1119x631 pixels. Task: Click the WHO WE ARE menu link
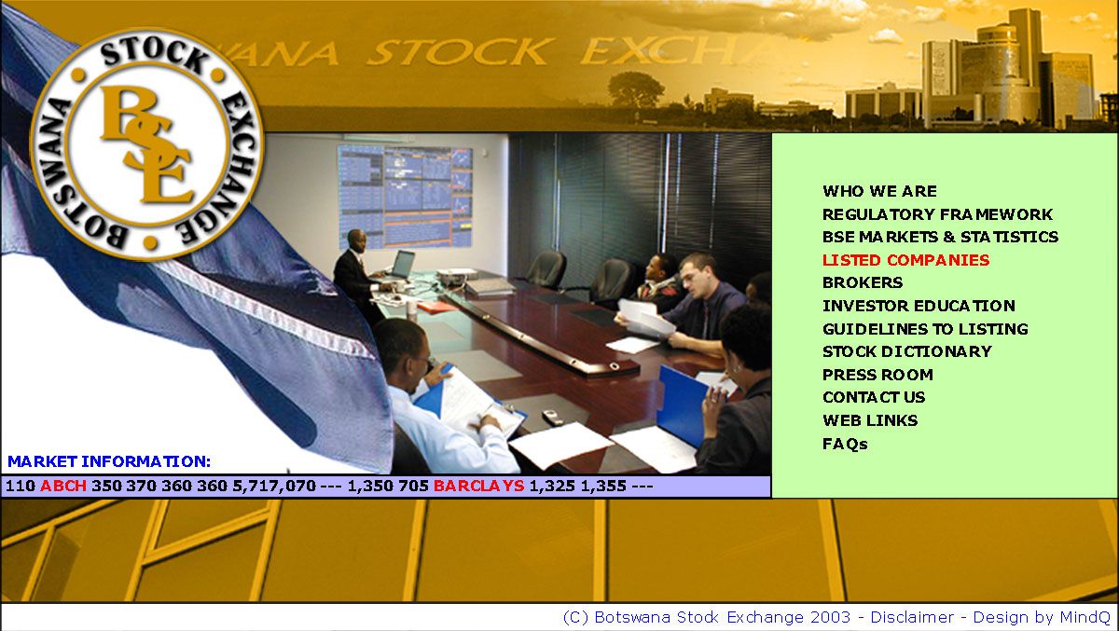(x=879, y=191)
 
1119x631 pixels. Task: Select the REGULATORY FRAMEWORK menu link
(x=938, y=214)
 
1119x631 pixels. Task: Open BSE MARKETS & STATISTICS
(x=940, y=237)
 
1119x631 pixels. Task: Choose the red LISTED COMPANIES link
(x=905, y=260)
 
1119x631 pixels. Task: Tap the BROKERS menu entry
(x=863, y=282)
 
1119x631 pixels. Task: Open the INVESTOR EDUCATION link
(x=919, y=306)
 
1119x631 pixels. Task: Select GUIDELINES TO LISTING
(x=925, y=329)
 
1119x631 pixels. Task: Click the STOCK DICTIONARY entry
(x=907, y=351)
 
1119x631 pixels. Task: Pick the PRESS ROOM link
(x=877, y=375)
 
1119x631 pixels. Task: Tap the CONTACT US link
(x=874, y=397)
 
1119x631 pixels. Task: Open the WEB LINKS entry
(x=870, y=420)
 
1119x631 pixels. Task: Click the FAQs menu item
(x=845, y=444)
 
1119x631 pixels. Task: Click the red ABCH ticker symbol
(x=63, y=486)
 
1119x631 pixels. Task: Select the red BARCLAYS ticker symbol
(x=479, y=486)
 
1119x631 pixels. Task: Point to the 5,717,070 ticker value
(x=274, y=487)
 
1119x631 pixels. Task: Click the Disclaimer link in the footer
(x=912, y=618)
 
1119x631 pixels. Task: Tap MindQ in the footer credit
(x=1084, y=618)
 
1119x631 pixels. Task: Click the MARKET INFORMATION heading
(x=109, y=461)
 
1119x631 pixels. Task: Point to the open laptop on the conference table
(x=402, y=266)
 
